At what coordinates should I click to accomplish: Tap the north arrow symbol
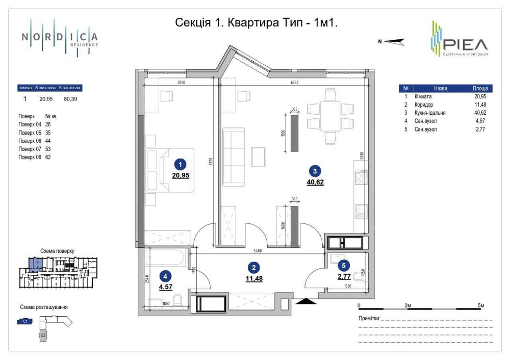point(393,42)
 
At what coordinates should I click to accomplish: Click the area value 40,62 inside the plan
point(315,182)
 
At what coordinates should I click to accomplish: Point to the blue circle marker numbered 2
point(253,267)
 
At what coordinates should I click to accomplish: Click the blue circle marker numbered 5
point(344,265)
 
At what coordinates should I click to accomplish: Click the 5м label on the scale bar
point(480,305)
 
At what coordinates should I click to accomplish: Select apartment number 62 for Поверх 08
point(48,157)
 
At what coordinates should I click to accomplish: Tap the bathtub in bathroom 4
point(166,258)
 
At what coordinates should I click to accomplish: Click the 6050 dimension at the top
point(291,82)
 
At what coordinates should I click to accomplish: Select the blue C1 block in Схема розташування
point(24,321)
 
